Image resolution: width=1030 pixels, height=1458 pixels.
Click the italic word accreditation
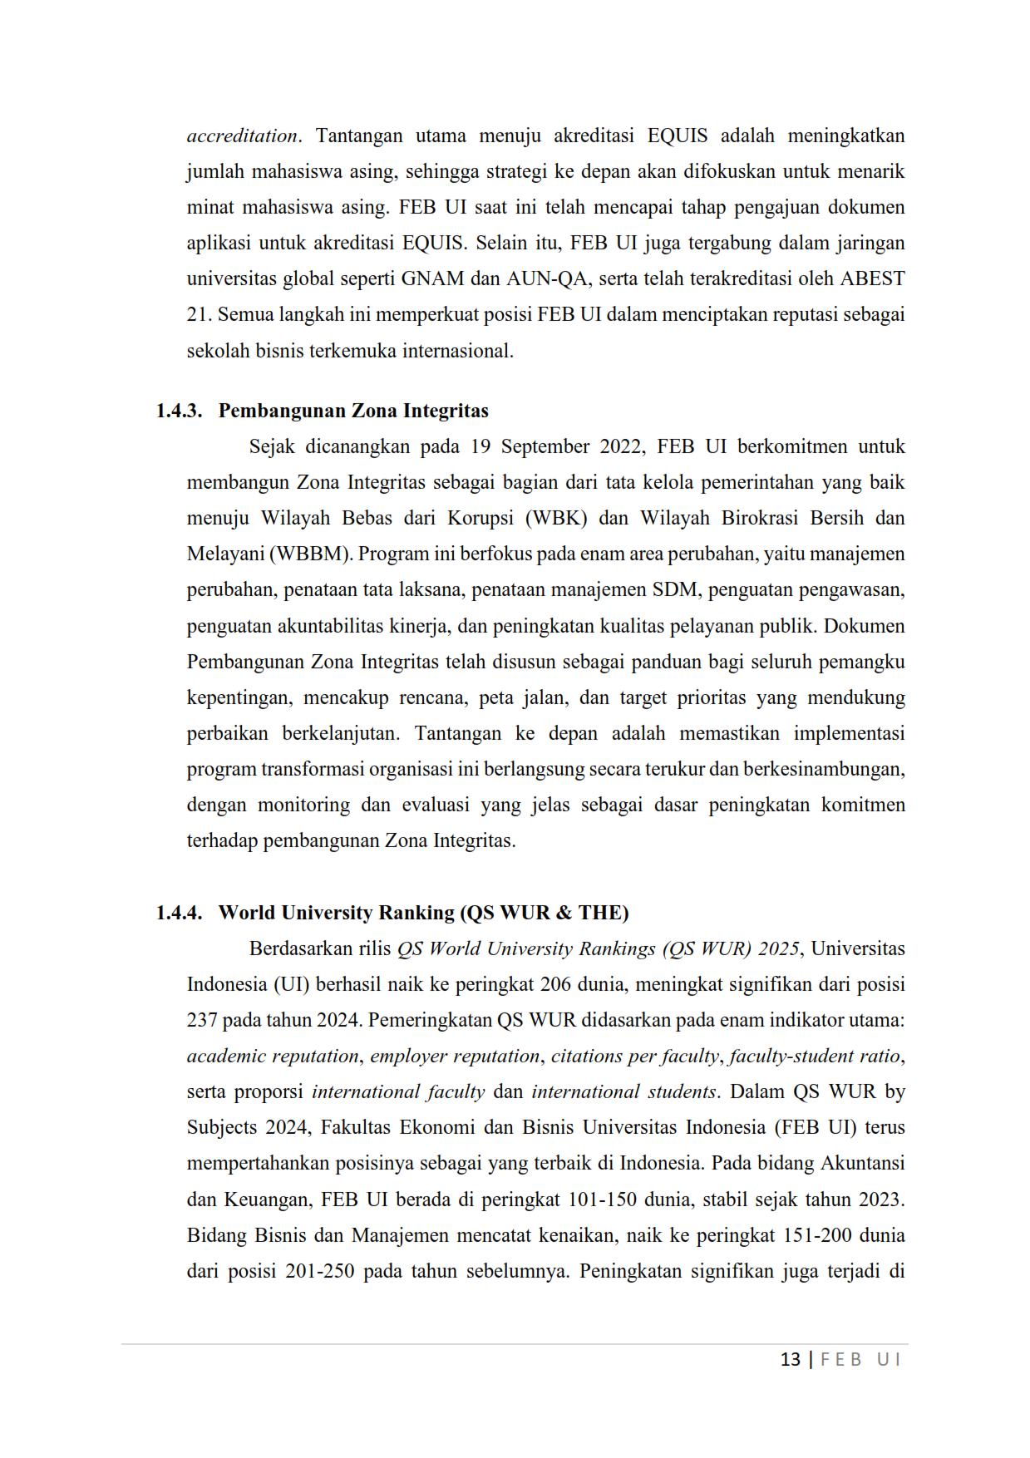[x=242, y=135]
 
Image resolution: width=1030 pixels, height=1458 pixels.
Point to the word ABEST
[x=872, y=278]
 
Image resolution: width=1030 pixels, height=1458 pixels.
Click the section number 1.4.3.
[x=179, y=411]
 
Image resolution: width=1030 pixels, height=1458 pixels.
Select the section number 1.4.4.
[x=179, y=913]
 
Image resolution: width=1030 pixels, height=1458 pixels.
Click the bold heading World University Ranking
[x=336, y=913]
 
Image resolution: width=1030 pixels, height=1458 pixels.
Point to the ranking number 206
[x=555, y=984]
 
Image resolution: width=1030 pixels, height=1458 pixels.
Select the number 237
[x=202, y=1020]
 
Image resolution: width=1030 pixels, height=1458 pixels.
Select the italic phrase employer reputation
[x=455, y=1056]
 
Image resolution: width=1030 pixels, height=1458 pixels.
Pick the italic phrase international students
[x=623, y=1091]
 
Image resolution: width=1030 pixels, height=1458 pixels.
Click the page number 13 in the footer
[x=791, y=1359]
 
